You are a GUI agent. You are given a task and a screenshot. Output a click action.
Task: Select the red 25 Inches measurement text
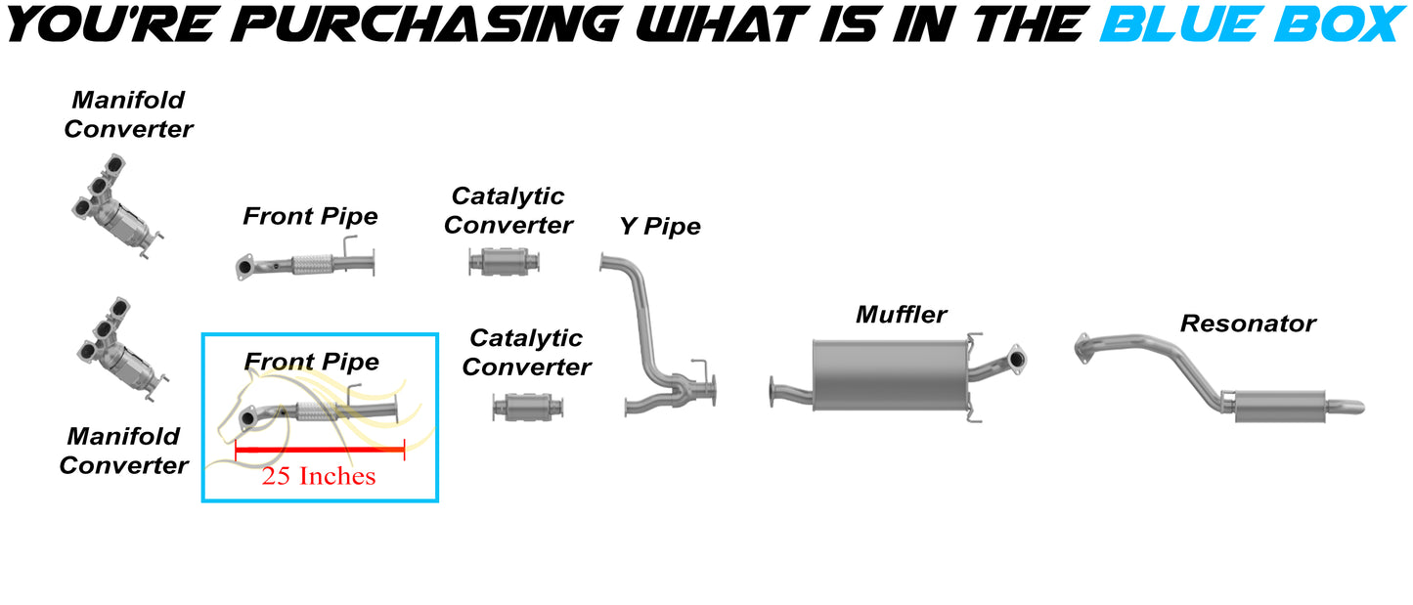318,476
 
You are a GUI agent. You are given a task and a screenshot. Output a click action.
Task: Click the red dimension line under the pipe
319,450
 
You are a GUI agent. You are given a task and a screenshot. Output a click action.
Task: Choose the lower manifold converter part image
119,352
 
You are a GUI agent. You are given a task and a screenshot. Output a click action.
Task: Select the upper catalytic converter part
505,261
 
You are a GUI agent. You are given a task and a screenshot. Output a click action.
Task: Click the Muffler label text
901,315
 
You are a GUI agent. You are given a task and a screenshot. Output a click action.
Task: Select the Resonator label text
1248,324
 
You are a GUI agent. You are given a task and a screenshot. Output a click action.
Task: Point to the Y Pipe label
660,227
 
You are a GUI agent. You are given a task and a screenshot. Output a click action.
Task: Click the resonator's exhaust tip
1350,406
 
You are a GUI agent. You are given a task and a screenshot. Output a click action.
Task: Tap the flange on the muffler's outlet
1016,359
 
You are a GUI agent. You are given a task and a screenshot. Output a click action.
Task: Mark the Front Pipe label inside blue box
311,363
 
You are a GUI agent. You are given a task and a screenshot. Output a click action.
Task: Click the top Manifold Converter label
128,114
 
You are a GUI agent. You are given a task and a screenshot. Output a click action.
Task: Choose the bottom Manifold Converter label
123,451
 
